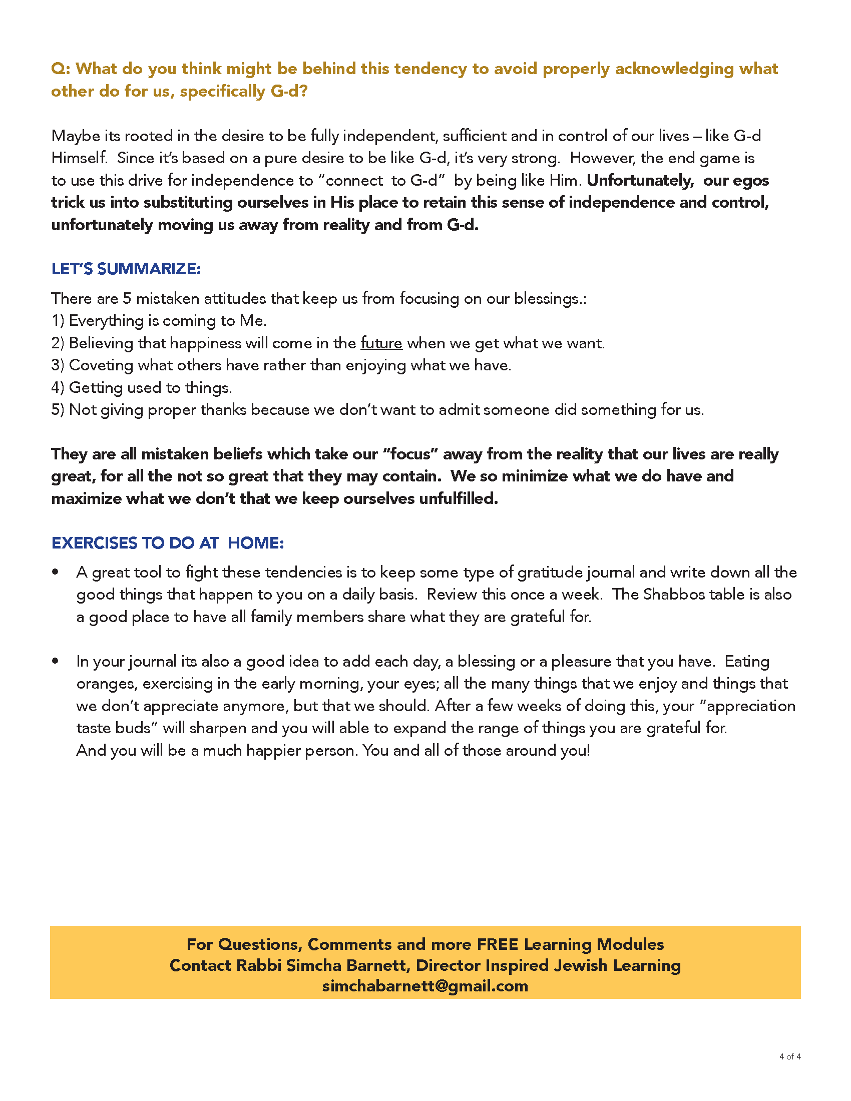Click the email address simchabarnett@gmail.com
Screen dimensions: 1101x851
coord(425,985)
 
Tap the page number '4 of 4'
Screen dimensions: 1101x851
coord(789,1056)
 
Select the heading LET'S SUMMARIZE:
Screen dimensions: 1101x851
coord(126,269)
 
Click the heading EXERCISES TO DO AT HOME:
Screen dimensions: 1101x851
coord(168,543)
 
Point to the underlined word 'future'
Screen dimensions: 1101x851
coord(381,343)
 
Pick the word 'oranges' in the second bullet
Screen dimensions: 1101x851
coord(106,684)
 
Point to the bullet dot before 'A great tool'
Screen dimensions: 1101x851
coord(56,572)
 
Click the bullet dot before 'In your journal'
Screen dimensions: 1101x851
coord(56,661)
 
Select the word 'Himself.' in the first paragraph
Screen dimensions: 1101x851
coord(80,158)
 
